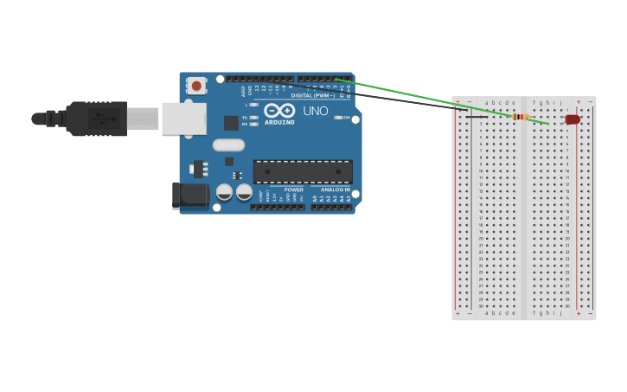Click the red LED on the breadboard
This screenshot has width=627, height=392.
pyautogui.click(x=573, y=119)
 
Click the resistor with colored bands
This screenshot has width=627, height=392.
pyautogui.click(x=520, y=117)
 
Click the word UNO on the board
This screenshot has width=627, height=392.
pyautogui.click(x=316, y=111)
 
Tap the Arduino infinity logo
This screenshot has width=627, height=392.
pyautogui.click(x=279, y=110)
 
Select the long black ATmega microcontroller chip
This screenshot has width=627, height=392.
pyautogui.click(x=303, y=171)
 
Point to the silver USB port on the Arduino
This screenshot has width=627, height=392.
pyautogui.click(x=183, y=119)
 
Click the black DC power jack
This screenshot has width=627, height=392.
pyautogui.click(x=189, y=195)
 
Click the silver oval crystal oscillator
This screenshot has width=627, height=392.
pyautogui.click(x=228, y=145)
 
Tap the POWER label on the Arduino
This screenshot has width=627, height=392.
pyautogui.click(x=294, y=190)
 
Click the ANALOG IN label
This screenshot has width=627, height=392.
pyautogui.click(x=336, y=190)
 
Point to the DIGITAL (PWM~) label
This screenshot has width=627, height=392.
pyautogui.click(x=312, y=95)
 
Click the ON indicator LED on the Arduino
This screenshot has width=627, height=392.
pyautogui.click(x=338, y=118)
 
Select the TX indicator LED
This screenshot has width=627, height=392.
pyautogui.click(x=253, y=118)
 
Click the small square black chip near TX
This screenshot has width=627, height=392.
pyautogui.click(x=231, y=123)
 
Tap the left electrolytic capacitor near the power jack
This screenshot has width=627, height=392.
pyautogui.click(x=224, y=192)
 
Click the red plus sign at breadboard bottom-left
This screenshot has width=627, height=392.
pyautogui.click(x=458, y=313)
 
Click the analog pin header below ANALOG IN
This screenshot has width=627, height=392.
pyautogui.click(x=331, y=207)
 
